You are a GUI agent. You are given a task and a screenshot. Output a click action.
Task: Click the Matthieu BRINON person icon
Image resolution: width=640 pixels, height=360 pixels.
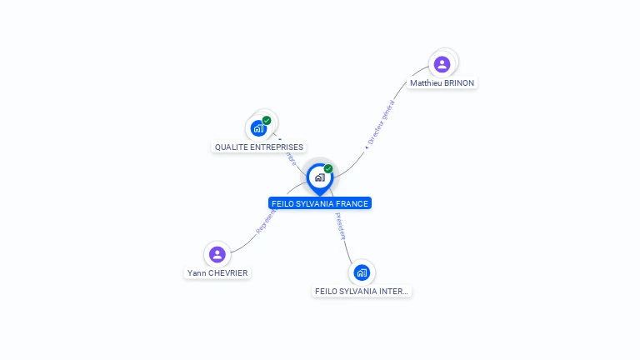click(442, 63)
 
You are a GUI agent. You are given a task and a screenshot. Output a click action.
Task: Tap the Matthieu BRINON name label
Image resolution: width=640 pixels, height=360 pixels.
click(442, 83)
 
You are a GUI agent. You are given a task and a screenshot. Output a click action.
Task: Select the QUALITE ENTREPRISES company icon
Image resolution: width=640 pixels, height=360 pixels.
click(258, 128)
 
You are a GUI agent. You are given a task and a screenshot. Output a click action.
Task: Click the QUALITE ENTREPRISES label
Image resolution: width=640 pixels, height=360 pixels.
click(259, 147)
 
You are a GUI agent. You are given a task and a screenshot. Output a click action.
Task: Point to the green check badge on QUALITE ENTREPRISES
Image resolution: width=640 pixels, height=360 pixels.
click(267, 120)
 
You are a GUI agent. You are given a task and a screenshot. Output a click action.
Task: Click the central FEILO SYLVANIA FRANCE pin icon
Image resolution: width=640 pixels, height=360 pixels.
click(319, 177)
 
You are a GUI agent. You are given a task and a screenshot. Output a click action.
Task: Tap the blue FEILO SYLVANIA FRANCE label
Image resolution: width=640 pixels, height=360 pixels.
click(320, 203)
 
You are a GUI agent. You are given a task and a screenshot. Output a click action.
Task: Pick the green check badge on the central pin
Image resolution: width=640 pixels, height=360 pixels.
click(328, 168)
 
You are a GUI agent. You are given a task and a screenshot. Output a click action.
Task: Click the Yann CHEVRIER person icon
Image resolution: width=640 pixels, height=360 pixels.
click(217, 254)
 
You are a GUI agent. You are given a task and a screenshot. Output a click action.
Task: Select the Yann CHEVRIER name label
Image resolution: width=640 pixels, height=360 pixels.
click(217, 273)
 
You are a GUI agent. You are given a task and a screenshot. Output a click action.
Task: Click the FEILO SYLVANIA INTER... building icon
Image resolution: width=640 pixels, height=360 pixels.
click(362, 272)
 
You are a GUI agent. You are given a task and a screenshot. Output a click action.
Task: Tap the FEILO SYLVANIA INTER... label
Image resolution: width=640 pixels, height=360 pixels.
click(362, 292)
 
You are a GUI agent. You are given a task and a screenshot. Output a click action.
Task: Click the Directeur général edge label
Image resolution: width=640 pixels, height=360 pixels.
click(381, 123)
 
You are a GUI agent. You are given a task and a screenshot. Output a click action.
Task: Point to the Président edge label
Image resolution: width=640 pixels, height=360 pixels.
click(340, 226)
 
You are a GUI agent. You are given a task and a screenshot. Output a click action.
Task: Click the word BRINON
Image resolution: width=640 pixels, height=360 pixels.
click(459, 83)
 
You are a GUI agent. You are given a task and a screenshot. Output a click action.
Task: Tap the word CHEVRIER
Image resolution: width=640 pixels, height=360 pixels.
click(228, 273)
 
